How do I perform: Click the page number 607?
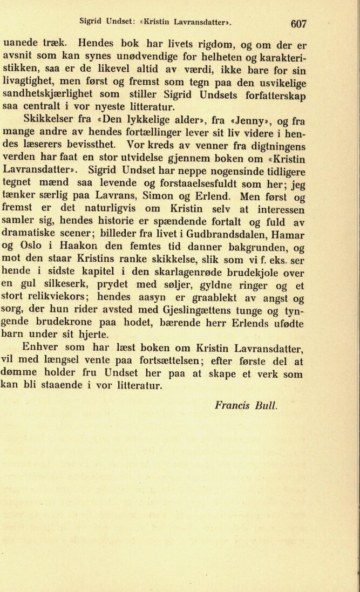[x=298, y=24]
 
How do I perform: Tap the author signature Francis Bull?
[x=246, y=405]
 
